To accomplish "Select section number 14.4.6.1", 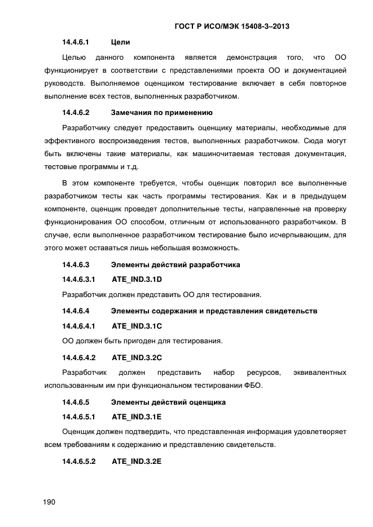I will [76, 42].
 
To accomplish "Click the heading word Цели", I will [121, 42].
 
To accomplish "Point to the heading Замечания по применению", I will [162, 112].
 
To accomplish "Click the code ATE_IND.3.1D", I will [137, 279].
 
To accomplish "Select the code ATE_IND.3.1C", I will [137, 326].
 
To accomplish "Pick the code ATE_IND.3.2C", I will [137, 357].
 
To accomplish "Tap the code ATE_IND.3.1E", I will [137, 417].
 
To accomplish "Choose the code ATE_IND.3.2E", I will [137, 461].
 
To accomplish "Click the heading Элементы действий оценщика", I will [169, 402].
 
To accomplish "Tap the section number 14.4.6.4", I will [76, 311].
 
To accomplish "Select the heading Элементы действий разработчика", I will [176, 264].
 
